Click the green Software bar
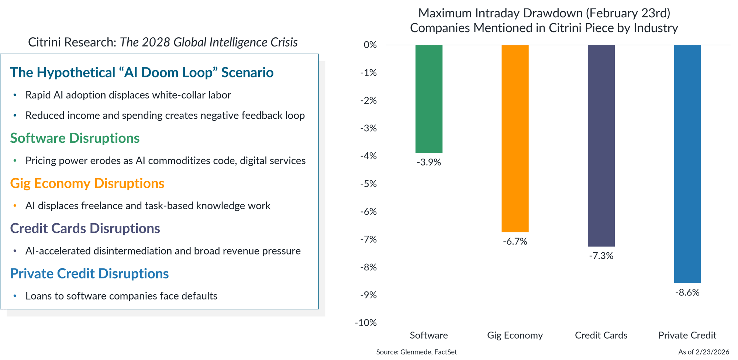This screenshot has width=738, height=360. (x=429, y=99)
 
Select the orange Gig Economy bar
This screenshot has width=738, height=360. (x=515, y=138)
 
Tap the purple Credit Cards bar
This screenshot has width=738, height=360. (x=601, y=146)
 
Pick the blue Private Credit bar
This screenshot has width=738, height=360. (x=687, y=164)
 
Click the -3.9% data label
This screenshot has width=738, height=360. (x=429, y=162)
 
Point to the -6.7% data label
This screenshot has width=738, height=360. (x=515, y=242)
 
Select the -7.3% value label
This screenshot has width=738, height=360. (x=601, y=256)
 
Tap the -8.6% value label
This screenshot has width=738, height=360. (x=687, y=292)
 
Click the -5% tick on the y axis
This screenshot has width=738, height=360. (x=368, y=184)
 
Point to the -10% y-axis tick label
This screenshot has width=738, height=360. (x=366, y=323)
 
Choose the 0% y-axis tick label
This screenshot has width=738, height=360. (x=370, y=45)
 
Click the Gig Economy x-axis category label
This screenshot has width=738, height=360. (x=515, y=335)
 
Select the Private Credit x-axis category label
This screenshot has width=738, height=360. (x=687, y=335)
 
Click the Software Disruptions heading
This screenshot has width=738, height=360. (x=75, y=138)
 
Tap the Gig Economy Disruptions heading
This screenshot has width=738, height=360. (x=87, y=183)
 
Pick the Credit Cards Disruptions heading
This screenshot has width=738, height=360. (x=85, y=228)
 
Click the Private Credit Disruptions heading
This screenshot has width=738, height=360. (x=89, y=274)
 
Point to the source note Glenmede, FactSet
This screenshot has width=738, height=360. (x=416, y=352)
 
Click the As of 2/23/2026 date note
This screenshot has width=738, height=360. (x=704, y=352)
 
